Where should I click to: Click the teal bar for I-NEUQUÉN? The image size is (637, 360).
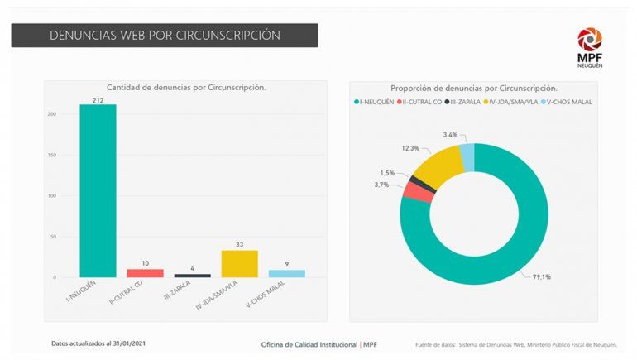[x=98, y=190]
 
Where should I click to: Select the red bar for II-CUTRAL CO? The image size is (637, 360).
[x=145, y=272]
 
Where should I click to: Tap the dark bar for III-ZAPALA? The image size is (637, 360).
[x=192, y=275]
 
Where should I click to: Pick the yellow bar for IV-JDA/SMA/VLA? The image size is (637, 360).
[x=239, y=263]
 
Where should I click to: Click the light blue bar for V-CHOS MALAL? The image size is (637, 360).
[x=286, y=273]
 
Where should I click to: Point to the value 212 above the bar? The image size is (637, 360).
[x=98, y=100]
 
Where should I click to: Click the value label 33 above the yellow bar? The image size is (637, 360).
[x=239, y=245]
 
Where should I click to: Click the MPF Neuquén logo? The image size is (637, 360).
[x=590, y=44]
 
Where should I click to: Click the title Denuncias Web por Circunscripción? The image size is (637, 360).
[x=165, y=36]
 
